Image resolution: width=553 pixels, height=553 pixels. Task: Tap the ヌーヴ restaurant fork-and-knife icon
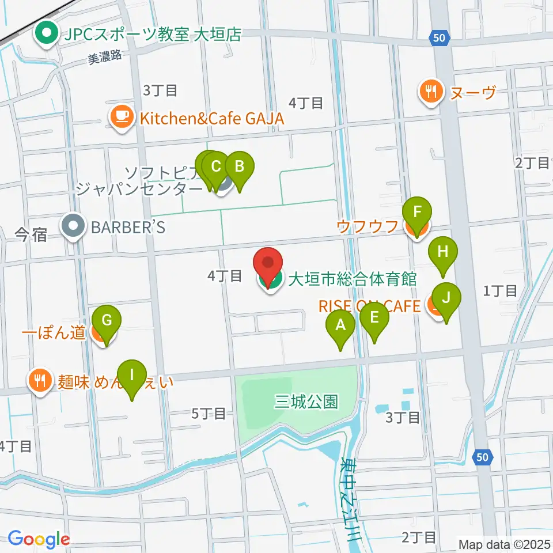click(430, 90)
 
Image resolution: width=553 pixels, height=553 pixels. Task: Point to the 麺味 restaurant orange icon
click(40, 380)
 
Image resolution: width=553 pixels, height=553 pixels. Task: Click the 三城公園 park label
click(306, 402)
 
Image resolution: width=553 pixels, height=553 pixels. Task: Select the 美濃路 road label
click(105, 58)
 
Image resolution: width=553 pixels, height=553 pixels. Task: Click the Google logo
click(39, 539)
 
